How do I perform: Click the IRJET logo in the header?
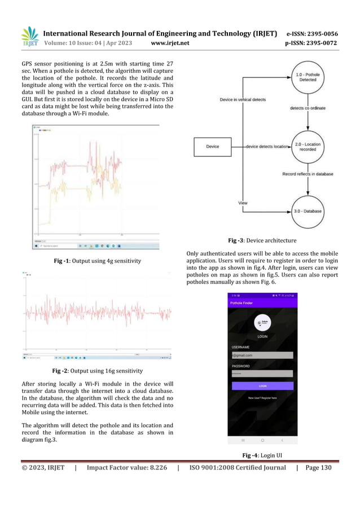pos(29,37)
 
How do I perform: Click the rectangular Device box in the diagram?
pos(213,147)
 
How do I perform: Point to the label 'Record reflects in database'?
pos(308,174)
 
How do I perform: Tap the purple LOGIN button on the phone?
pos(262,386)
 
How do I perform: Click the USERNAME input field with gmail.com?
pos(262,355)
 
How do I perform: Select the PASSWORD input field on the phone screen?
pos(262,374)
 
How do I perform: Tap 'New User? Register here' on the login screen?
pos(262,398)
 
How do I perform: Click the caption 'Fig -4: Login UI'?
pos(262,455)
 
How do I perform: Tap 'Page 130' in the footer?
pos(319,467)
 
